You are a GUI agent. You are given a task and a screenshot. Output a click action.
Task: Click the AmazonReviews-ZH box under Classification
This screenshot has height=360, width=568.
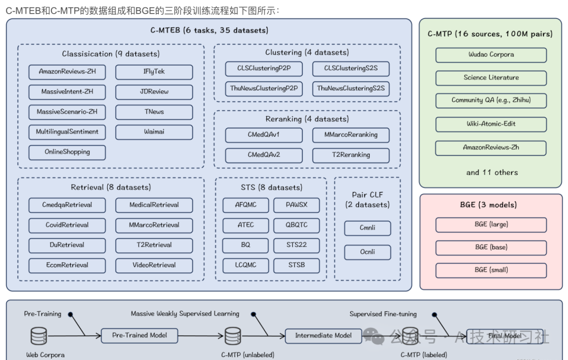pos(67,71)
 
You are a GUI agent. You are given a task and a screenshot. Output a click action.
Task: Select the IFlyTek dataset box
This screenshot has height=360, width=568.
pos(154,71)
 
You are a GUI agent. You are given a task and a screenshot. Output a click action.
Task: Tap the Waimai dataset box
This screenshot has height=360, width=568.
pos(154,132)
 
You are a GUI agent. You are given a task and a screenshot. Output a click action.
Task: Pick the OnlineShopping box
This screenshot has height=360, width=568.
pos(67,152)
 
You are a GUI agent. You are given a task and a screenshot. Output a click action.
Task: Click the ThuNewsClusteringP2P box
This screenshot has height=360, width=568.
pos(264,89)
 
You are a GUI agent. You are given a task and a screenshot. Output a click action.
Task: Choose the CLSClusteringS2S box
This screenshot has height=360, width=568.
pos(351,68)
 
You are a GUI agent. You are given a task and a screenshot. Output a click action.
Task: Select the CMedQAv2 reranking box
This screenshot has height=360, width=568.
pos(264,155)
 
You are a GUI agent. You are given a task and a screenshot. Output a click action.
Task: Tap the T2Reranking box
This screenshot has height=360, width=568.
pos(351,155)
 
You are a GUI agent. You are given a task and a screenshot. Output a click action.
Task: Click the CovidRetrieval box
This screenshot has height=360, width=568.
pos(67,225)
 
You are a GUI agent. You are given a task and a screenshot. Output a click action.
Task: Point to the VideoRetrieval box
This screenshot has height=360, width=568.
pos(154,265)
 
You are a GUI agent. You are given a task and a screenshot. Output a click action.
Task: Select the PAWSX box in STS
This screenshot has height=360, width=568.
pos(297,205)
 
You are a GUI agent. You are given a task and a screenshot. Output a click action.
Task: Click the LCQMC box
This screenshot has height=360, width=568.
pos(246,265)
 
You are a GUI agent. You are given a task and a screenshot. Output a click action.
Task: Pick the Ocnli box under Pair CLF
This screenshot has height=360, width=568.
pos(368,252)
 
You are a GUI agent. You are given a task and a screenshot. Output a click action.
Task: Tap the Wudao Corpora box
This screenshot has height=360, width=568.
pos(491,55)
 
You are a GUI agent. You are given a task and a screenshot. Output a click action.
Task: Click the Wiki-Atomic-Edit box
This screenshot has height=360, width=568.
pos(491,124)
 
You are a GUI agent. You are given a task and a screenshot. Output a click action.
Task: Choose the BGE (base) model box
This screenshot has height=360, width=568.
pos(491,247)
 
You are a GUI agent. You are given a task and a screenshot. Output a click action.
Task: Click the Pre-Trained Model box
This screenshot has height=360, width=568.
pos(139,335)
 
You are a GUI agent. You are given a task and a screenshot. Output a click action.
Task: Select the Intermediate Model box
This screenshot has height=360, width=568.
pos(323,335)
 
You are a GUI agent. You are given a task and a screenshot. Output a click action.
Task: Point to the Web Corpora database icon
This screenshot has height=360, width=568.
pos(38,335)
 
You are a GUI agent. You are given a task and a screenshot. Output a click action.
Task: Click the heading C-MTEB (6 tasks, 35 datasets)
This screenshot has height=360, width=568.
pos(209,30)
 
